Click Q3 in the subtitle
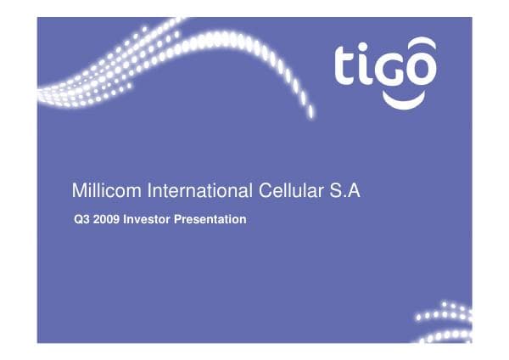[83, 220]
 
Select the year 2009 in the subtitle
[107, 220]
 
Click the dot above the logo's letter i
[365, 46]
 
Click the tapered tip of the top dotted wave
[310, 110]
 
